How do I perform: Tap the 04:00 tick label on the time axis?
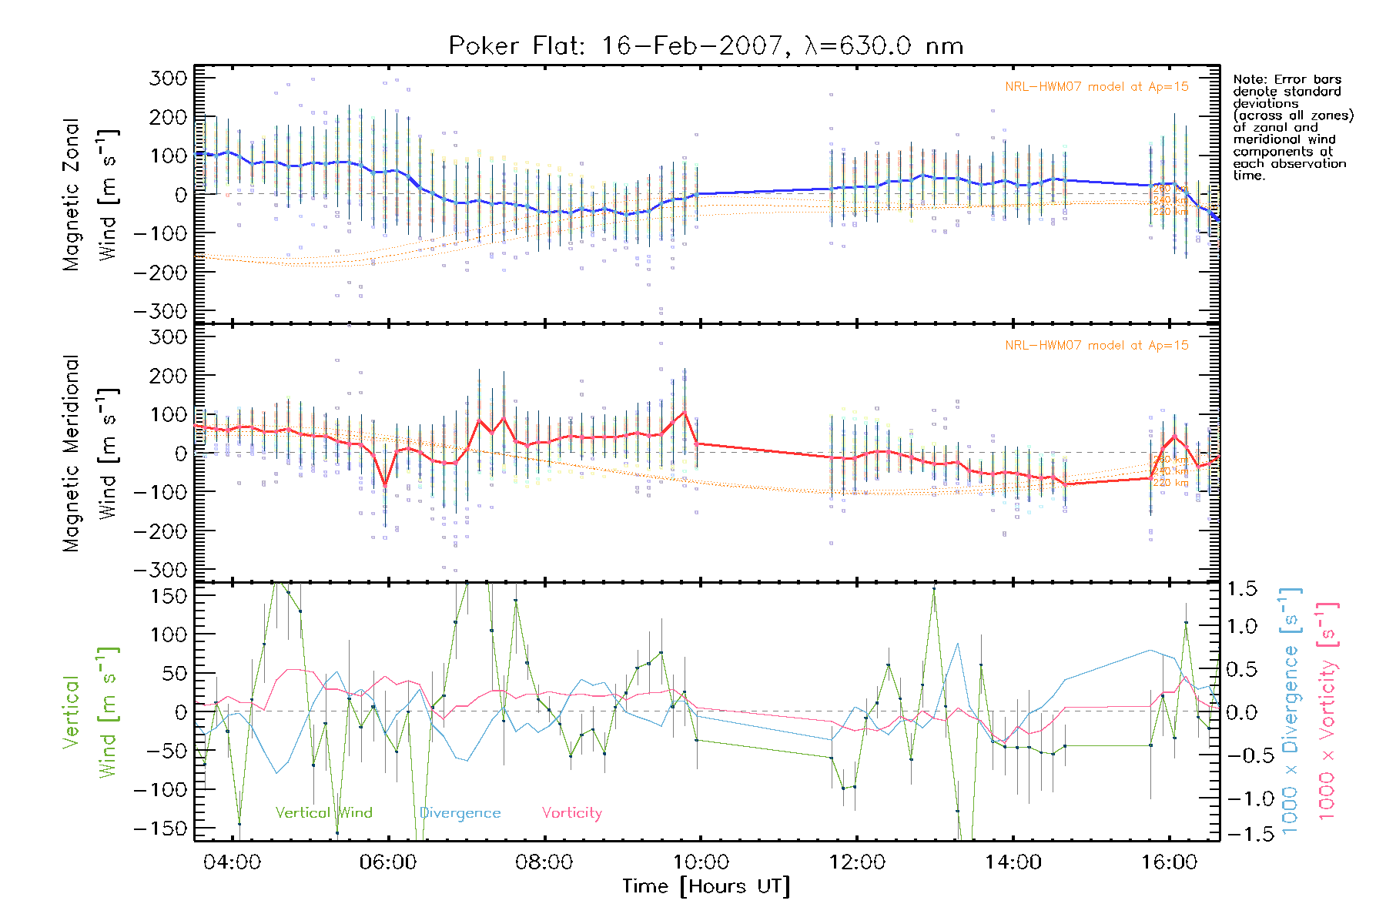tap(232, 862)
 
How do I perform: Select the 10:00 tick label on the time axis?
tap(700, 862)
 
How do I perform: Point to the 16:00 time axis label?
tap(1169, 862)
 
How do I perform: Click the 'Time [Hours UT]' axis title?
tap(706, 886)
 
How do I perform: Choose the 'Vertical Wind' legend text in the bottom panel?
tap(323, 812)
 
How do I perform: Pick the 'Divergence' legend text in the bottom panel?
tap(460, 812)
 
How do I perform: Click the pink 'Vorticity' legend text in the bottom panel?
tap(571, 812)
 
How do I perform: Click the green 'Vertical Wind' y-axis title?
tap(90, 712)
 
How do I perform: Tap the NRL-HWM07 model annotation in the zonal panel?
tap(1096, 87)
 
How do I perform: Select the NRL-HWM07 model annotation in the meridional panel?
tap(1096, 346)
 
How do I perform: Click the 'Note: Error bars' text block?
tap(1292, 127)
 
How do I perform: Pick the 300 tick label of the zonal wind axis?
tap(168, 78)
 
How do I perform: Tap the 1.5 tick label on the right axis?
tap(1241, 589)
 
